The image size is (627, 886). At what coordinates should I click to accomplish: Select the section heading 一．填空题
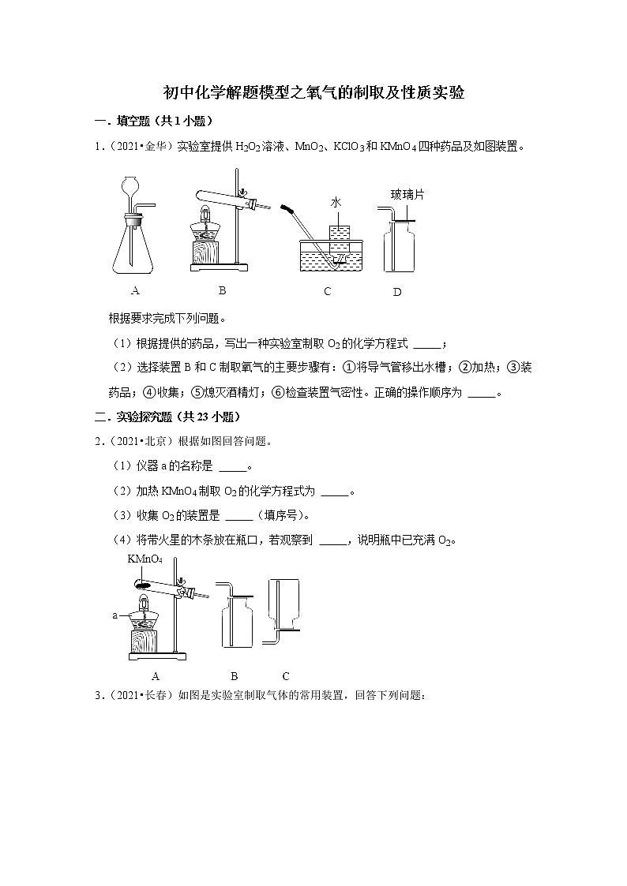(127, 121)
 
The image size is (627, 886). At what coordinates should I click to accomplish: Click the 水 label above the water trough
(336, 203)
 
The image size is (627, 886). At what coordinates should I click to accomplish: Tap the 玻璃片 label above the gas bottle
(407, 194)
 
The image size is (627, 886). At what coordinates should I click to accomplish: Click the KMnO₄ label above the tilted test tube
(145, 559)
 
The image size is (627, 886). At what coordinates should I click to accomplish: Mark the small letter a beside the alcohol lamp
(115, 612)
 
